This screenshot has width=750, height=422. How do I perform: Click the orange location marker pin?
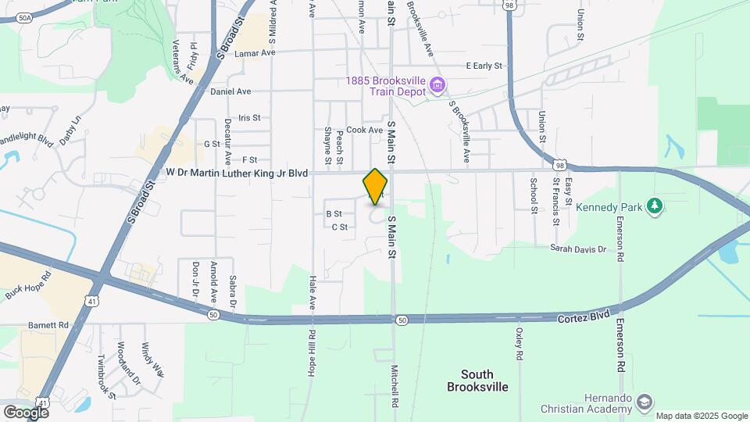coord(376,187)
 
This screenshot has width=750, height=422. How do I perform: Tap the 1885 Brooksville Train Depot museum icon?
coord(437,84)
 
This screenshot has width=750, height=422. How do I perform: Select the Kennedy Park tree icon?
coord(655,207)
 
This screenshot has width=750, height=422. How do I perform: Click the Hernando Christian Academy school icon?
coord(645,403)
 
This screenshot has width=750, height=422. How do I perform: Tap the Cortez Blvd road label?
coord(583,319)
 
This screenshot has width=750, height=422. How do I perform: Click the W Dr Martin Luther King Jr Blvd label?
coord(237,172)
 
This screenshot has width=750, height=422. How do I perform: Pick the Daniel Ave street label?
coord(230,91)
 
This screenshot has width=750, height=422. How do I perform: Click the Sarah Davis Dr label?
coord(578,249)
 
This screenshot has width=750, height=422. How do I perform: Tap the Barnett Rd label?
coord(47,324)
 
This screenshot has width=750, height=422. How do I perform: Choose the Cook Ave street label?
coord(365,130)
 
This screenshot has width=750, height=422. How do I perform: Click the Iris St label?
coord(249,118)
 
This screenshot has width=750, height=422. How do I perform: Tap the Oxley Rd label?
coord(519,343)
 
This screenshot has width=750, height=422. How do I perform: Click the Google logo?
coord(26,412)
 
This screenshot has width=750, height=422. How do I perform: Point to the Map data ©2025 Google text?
coord(701,416)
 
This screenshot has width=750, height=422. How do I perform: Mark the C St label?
coord(339,227)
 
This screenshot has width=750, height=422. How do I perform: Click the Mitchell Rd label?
coord(395,382)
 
